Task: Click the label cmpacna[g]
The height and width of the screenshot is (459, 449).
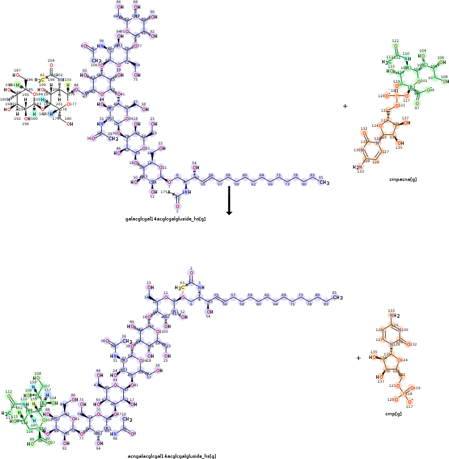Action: click(402, 179)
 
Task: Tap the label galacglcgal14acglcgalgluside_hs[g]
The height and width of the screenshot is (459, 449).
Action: click(166, 219)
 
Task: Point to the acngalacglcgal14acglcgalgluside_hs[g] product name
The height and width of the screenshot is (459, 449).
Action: click(172, 457)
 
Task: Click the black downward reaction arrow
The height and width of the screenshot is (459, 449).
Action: click(229, 201)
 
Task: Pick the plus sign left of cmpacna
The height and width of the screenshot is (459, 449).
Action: click(345, 106)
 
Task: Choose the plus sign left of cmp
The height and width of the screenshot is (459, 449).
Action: click(358, 358)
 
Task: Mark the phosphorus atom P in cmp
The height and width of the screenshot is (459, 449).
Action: click(405, 393)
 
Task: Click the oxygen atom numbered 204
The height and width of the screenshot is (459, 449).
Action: click(51, 65)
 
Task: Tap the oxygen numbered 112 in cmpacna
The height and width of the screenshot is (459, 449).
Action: click(395, 46)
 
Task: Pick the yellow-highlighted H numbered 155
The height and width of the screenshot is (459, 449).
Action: click(68, 85)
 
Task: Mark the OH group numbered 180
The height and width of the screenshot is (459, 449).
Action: click(69, 124)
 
